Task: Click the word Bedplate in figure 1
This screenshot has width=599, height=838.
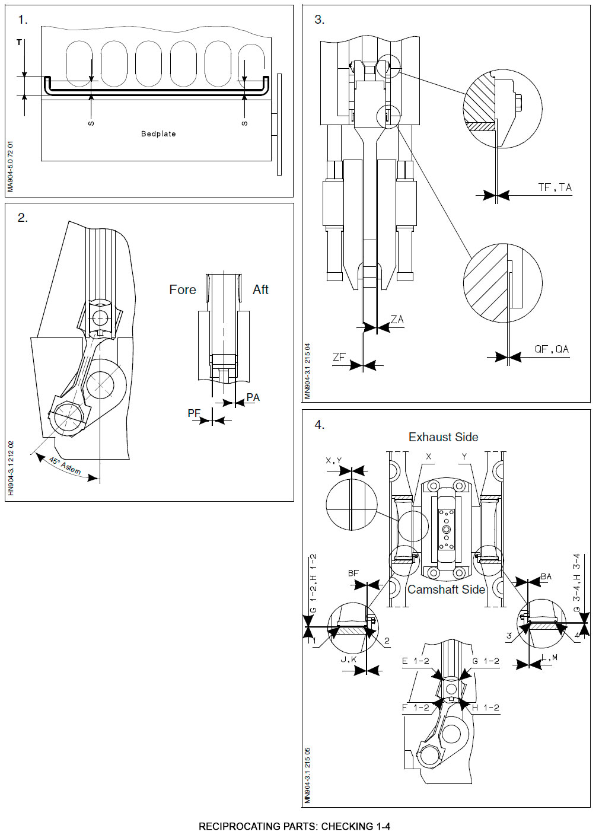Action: point(158,134)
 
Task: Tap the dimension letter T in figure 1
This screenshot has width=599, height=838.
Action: point(19,43)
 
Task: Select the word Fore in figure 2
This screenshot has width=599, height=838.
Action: point(182,290)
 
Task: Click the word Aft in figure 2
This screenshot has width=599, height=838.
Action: point(260,290)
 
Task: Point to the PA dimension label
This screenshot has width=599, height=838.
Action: point(253,397)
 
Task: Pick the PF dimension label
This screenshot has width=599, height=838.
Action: point(194,413)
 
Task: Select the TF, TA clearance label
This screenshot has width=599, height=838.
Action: point(555,187)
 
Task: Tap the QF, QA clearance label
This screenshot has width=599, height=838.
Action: point(552,349)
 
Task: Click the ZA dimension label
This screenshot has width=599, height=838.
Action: point(397,320)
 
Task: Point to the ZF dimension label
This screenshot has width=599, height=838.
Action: point(339,357)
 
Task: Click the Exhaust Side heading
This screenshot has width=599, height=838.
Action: point(443,437)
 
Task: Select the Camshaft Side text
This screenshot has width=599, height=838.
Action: point(446,590)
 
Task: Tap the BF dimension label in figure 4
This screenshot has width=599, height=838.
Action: point(353,573)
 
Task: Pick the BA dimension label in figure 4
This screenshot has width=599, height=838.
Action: point(546,576)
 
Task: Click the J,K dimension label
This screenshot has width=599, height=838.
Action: point(348,659)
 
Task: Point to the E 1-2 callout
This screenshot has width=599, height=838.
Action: point(415,661)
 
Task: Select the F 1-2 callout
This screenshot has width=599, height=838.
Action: point(415,708)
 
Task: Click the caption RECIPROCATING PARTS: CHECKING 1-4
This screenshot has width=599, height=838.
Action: point(294,826)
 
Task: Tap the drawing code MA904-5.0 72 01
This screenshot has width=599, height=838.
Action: point(10,167)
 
